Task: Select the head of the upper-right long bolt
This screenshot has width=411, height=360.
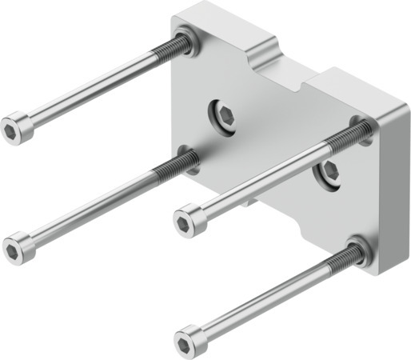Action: (189, 219)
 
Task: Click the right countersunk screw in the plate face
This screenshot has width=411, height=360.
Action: (329, 170)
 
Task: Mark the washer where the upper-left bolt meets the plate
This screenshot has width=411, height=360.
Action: (186, 42)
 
